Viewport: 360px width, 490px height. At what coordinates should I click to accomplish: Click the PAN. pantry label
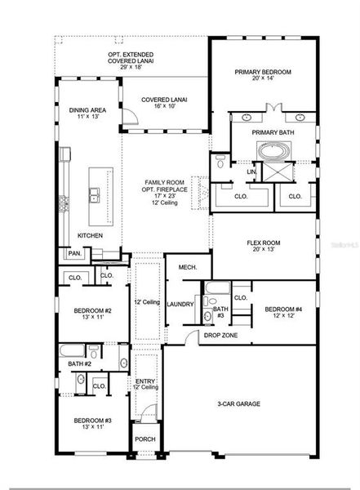click(74, 253)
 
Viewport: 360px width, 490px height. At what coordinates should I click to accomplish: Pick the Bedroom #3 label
click(92, 424)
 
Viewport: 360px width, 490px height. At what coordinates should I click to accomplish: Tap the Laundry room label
click(180, 304)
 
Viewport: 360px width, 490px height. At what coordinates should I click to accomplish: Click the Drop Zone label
click(220, 335)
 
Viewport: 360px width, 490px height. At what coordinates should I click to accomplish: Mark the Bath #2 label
click(78, 363)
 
